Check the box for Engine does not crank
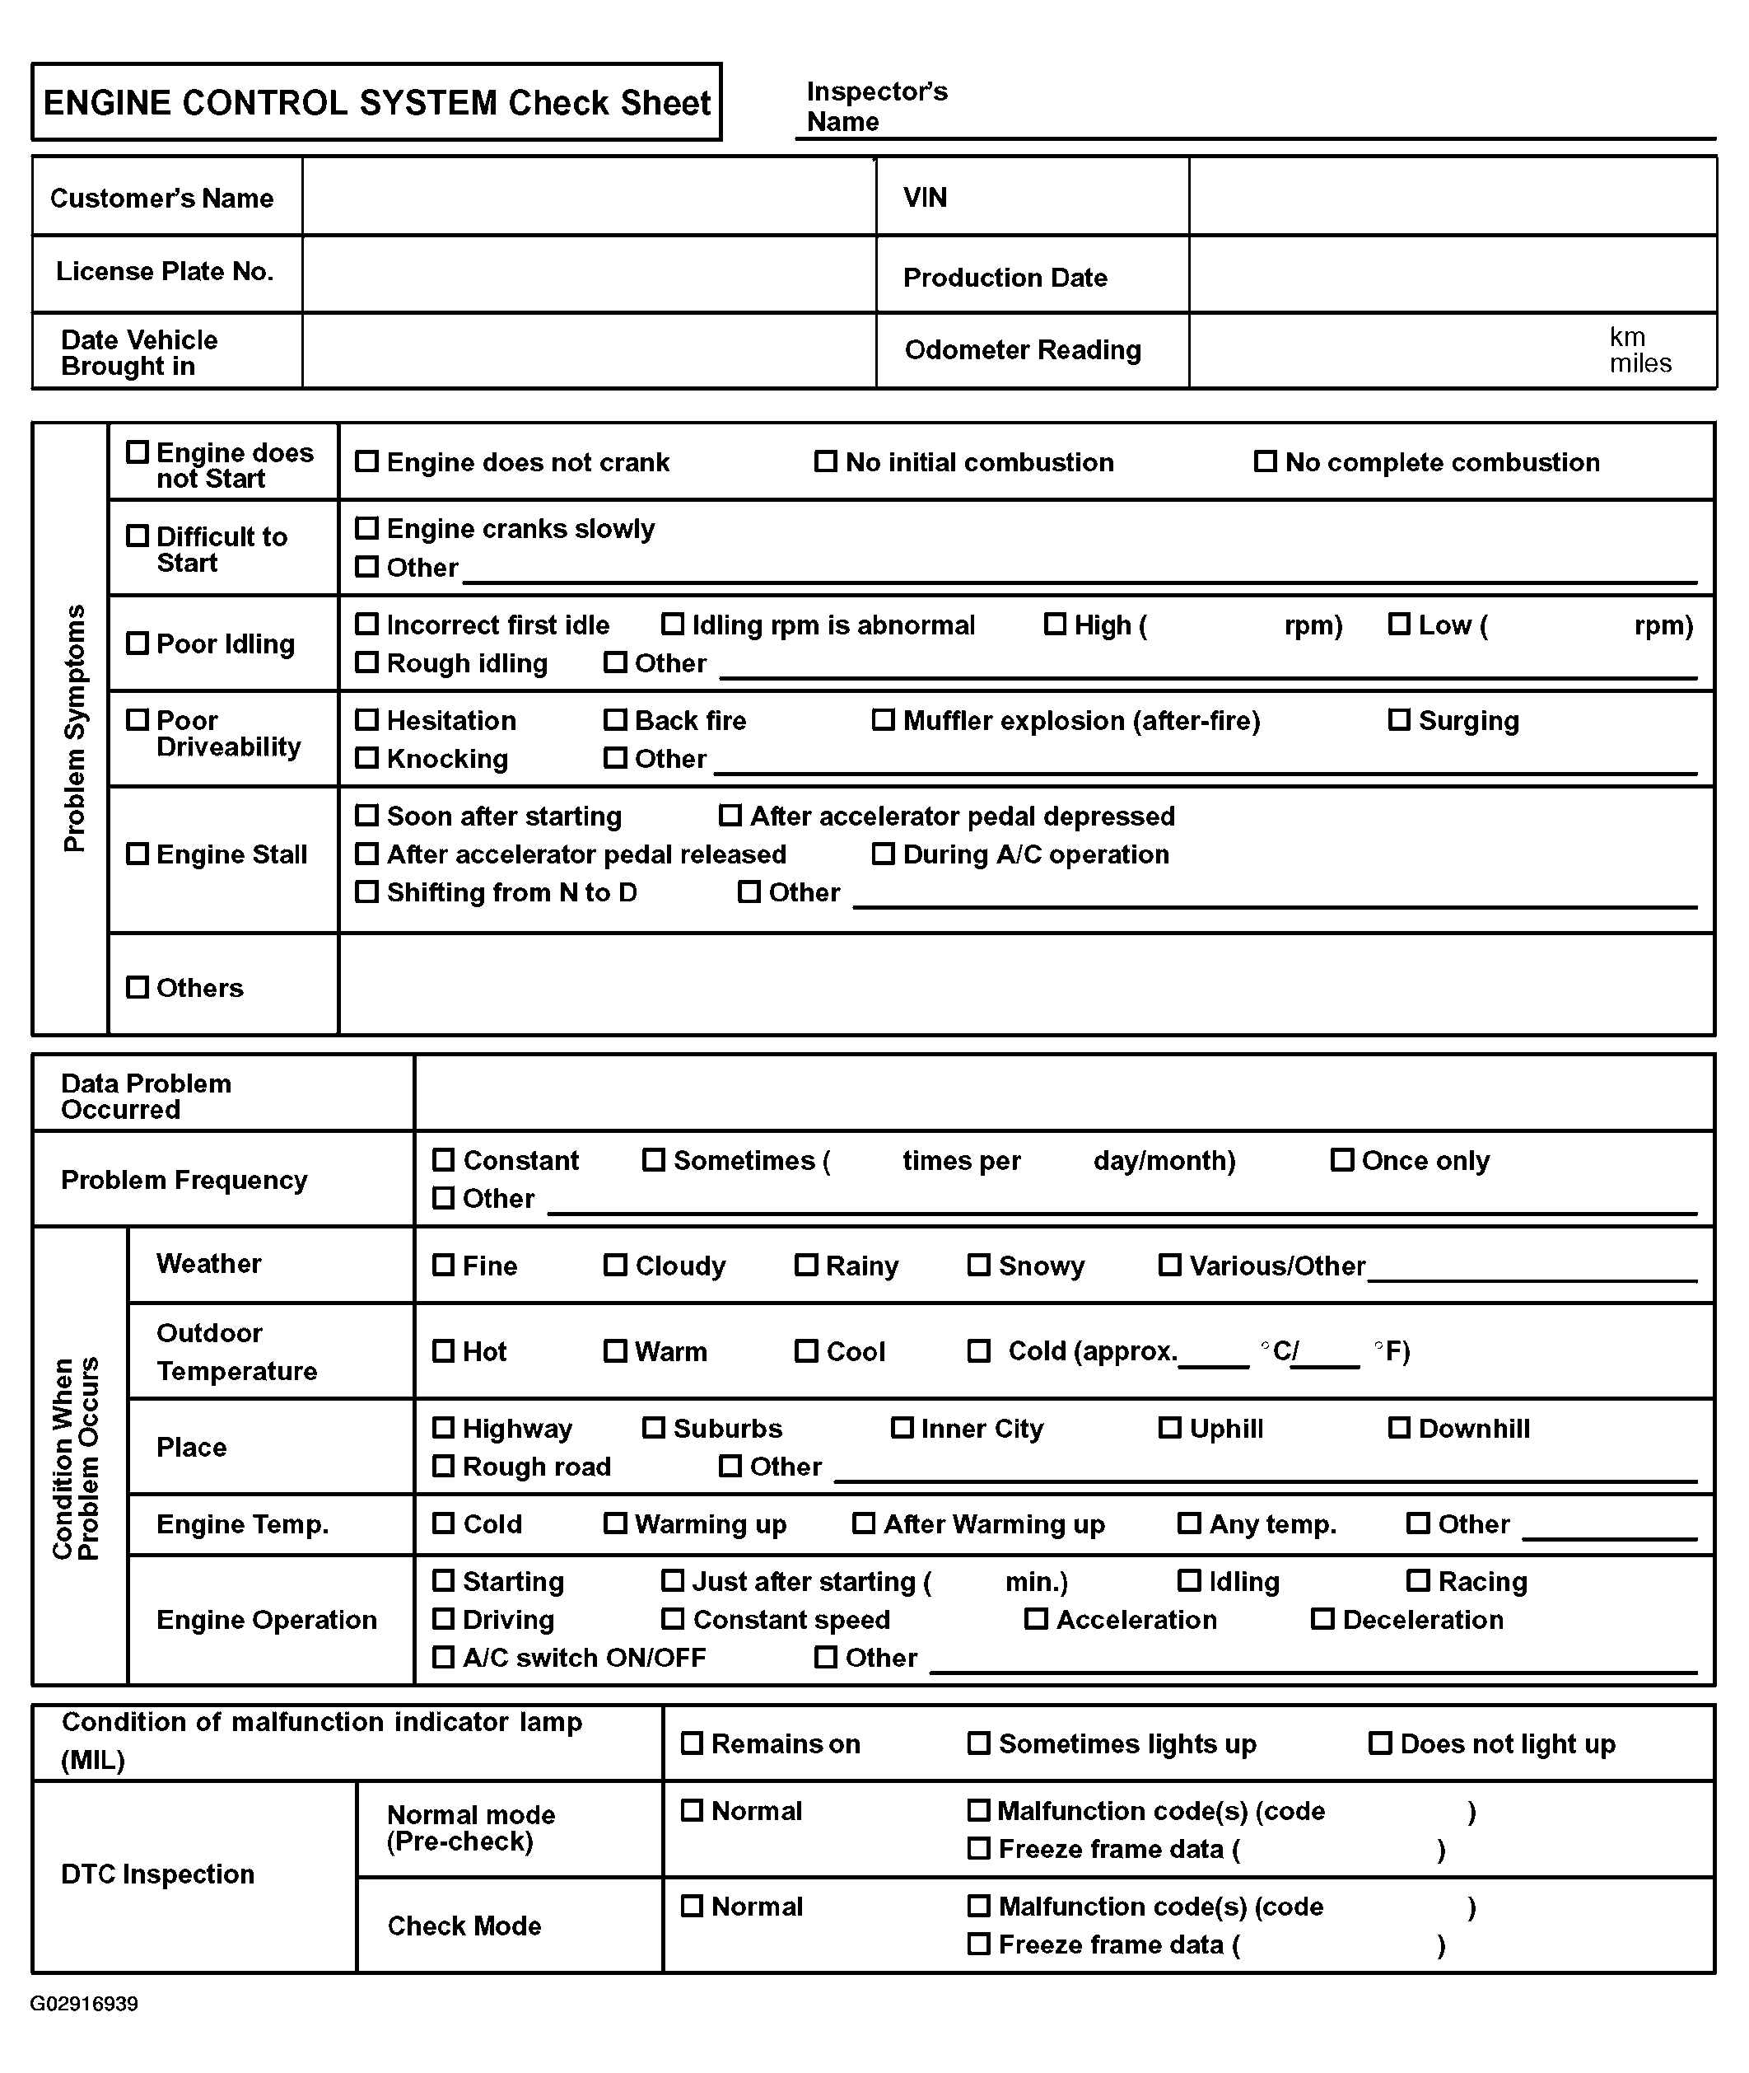pos(367,461)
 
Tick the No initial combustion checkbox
pos(825,461)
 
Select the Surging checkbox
pos(1398,719)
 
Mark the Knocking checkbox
pos(367,758)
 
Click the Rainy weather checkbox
pos(806,1265)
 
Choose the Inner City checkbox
pos(902,1427)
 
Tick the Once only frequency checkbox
pos(1341,1159)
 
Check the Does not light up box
pos(1379,1743)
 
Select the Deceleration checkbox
pos(1322,1619)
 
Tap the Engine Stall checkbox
pos(137,854)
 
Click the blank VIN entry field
pos(1452,196)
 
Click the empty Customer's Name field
pos(589,196)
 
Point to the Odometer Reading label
pos(1022,350)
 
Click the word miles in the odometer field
pos(1640,364)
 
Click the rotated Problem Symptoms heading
pos(74,728)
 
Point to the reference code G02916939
pos(84,2004)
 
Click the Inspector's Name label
pos(876,106)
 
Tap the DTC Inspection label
pos(157,1874)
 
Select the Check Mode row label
pos(464,1926)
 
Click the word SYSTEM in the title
pos(427,103)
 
